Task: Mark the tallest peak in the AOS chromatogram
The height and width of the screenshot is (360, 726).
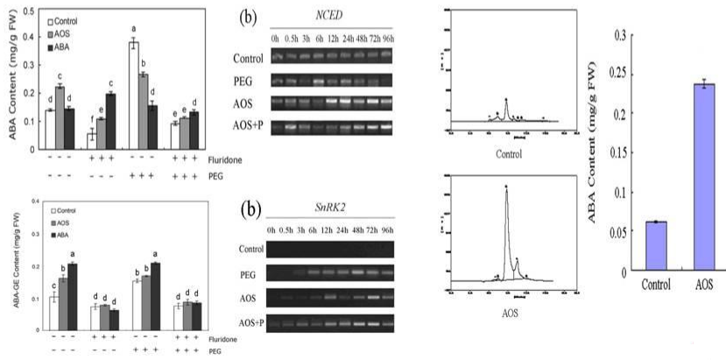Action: (x=506, y=188)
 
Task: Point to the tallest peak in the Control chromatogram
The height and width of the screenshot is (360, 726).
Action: (x=506, y=101)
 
